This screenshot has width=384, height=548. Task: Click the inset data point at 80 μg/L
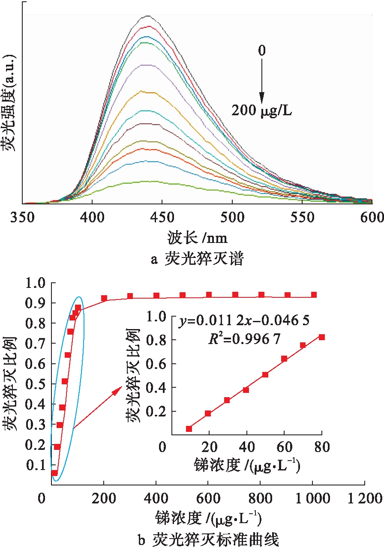(322, 337)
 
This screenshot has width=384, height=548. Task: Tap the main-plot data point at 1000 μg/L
(314, 295)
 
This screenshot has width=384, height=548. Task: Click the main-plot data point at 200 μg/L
(104, 298)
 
